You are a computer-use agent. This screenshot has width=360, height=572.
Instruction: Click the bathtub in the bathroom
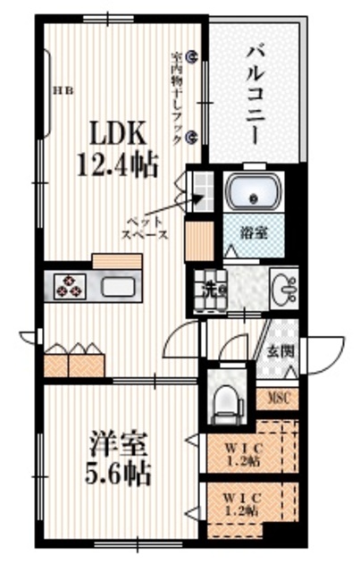click(x=255, y=191)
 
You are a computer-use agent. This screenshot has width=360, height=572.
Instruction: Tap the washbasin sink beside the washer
click(x=285, y=287)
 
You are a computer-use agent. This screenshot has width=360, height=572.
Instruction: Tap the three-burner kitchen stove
click(x=70, y=286)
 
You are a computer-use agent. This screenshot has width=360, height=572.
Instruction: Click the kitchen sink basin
click(x=119, y=287)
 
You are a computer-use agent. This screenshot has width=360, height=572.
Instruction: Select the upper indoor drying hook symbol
click(x=196, y=55)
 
